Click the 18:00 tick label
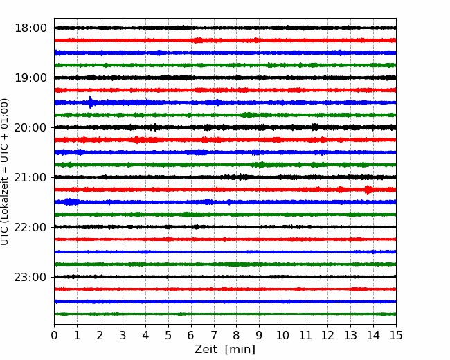[30, 28]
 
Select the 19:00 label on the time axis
[30, 78]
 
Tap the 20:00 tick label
[30, 127]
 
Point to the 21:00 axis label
[30, 177]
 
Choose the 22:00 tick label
[30, 227]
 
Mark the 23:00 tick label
[30, 277]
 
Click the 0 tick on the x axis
[54, 335]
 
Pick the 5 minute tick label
[168, 335]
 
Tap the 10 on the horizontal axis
[282, 335]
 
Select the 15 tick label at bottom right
[396, 335]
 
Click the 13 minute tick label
[350, 335]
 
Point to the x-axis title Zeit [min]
[225, 350]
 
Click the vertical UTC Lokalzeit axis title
[5, 172]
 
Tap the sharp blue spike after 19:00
[91, 102]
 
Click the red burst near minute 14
[368, 190]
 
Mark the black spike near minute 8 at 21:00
[240, 177]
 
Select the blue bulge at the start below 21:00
[71, 202]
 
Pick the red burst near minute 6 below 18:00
[197, 40]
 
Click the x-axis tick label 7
[214, 335]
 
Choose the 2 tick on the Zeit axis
[100, 335]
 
